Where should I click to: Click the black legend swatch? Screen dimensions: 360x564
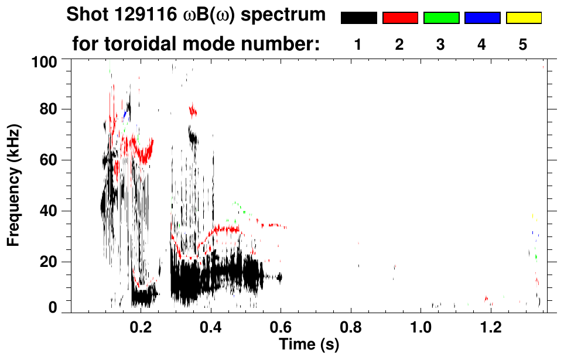point(358,18)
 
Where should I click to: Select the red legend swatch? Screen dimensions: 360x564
point(400,18)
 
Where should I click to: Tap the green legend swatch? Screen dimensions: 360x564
point(441,18)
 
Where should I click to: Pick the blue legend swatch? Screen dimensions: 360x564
point(482,18)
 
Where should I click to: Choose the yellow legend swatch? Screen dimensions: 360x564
point(524,18)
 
